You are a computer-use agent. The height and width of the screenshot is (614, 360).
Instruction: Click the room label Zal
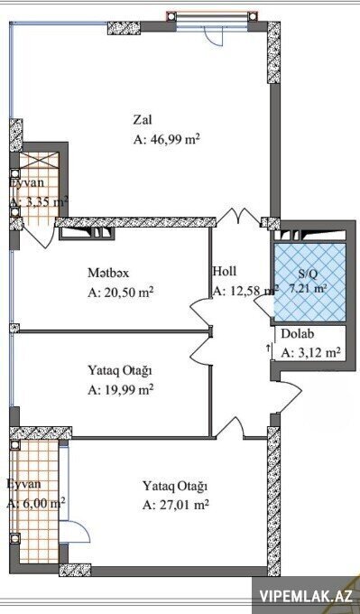pos(143,119)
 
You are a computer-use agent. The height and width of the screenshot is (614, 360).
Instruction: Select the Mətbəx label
pos(108,273)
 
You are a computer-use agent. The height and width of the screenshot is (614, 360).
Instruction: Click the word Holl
pos(225,271)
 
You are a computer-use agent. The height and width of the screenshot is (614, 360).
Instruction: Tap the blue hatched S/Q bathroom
pos(309,282)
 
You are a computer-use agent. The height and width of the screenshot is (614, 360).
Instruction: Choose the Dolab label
pos(298,334)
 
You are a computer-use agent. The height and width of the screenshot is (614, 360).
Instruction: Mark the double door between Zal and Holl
pos(238,217)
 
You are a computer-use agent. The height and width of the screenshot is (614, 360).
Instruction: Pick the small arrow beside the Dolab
pos(269,349)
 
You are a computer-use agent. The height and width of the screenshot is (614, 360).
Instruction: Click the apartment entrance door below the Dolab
pos(289,391)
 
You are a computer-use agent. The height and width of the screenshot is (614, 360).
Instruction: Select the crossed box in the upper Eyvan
pos(39,161)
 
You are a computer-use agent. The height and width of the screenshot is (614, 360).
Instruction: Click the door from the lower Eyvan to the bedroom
pos(75,531)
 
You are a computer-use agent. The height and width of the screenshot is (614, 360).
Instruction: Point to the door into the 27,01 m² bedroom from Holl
pos(231,427)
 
